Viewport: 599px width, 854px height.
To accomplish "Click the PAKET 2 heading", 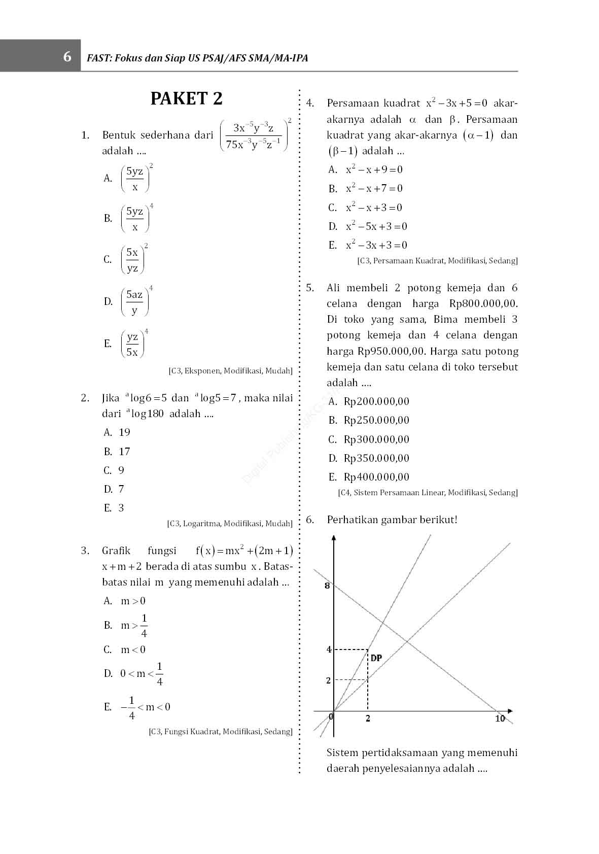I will point(186,98).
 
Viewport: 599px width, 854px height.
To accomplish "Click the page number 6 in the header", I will point(67,57).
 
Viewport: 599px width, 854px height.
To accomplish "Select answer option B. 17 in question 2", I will point(117,452).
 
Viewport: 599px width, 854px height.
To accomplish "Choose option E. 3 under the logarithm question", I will point(114,508).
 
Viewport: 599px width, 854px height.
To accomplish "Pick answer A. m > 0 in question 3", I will point(125,601).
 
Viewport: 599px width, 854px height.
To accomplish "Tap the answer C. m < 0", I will point(125,650).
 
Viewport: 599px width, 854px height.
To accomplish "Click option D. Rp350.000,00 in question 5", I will point(369,458).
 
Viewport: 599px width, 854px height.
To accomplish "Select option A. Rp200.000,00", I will point(369,401).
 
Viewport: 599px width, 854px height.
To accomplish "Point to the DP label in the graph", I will point(376,658).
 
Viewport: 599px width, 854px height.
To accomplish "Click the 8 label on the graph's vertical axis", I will point(327,586).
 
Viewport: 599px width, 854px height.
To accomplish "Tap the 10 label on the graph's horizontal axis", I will point(500,719).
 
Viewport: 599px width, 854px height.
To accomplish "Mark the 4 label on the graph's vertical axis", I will point(329,650).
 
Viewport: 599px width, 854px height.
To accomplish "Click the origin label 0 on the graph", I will point(331,716).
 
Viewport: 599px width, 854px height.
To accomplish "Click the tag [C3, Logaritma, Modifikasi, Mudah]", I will point(230,524).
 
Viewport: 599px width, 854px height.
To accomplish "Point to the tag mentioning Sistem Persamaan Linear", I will point(428,493).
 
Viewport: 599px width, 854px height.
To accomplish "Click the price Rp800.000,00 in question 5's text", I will point(483,304).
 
